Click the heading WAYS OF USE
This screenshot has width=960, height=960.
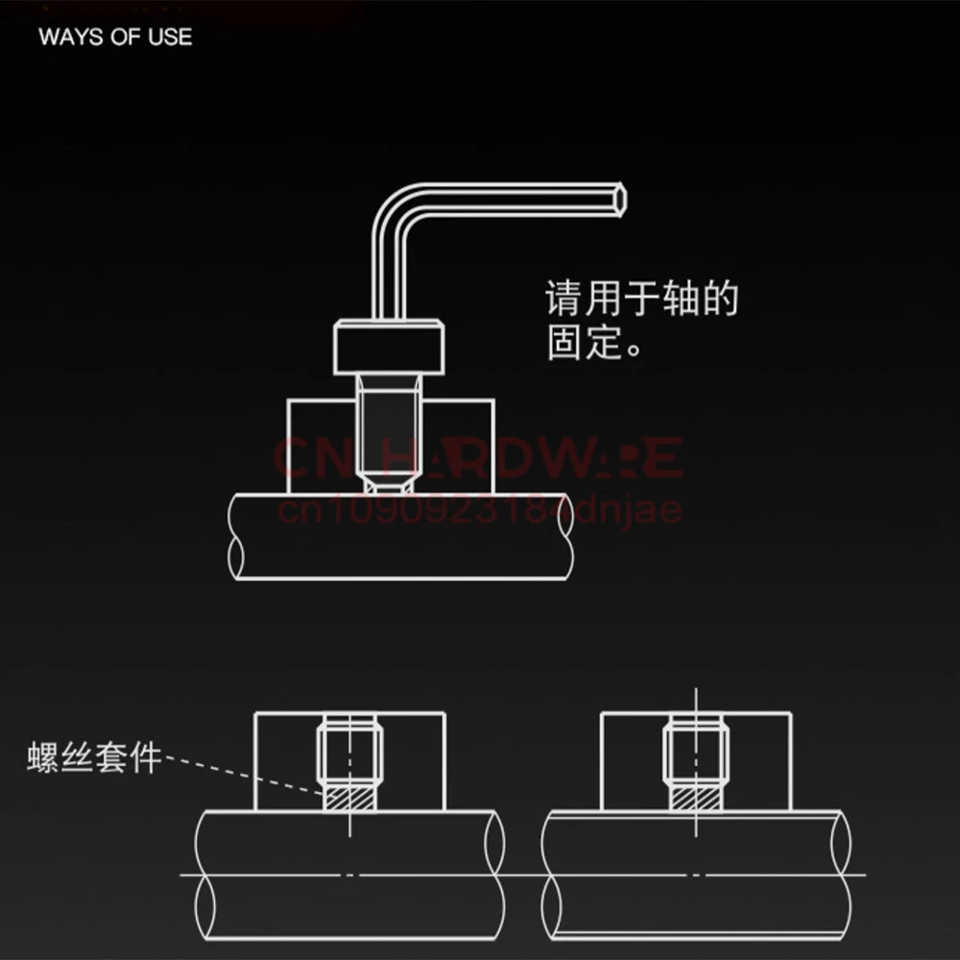click(x=115, y=37)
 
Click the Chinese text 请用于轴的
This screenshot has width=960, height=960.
click(x=642, y=299)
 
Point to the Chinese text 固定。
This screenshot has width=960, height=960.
click(x=594, y=343)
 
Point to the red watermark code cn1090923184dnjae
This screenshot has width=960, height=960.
click(x=479, y=508)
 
